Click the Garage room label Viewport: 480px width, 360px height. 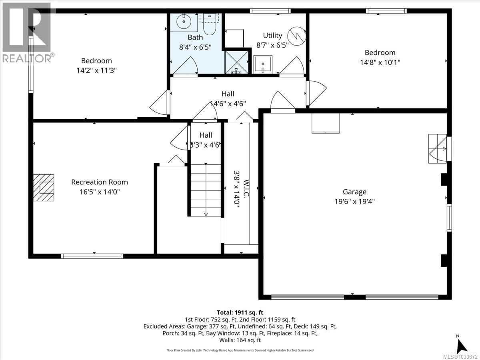point(354,192)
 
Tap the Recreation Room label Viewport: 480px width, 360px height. point(100,182)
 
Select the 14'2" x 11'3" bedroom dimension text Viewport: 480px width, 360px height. point(96,70)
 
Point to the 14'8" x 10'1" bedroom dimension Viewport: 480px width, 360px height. point(380,62)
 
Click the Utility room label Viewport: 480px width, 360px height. point(272,36)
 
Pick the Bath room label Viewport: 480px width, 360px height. point(195,37)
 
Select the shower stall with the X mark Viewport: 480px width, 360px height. point(237,62)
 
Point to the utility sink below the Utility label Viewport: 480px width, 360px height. point(263,64)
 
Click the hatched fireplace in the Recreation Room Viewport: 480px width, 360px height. point(44,187)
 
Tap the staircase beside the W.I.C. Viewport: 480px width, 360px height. point(206,190)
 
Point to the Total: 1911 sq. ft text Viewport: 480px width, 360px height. point(240,312)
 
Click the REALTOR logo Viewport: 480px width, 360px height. point(27,33)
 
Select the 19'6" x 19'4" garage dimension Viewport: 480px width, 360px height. point(354,202)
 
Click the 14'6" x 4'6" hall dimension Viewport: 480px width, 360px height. point(228,103)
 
